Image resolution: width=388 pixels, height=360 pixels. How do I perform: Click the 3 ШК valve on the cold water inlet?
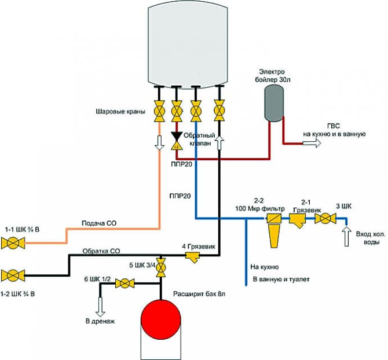[x=326, y=219]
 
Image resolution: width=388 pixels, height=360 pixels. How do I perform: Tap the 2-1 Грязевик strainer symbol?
[x=299, y=221]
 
